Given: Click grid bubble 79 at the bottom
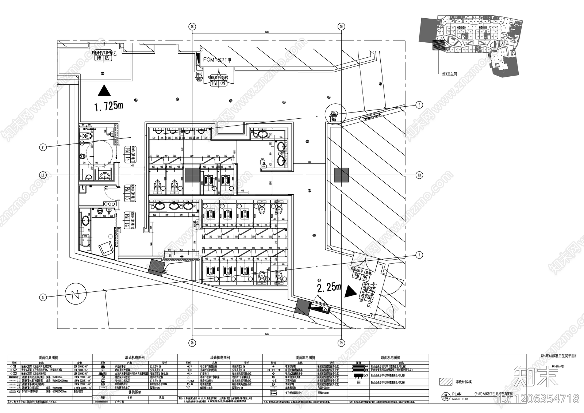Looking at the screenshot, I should coord(341,343).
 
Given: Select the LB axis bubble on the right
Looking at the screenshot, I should coord(419,175).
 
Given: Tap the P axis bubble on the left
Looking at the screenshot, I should coord(43,148).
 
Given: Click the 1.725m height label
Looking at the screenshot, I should coord(108,106).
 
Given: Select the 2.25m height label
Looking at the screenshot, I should coord(329,288).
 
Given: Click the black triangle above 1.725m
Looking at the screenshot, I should coord(104,90).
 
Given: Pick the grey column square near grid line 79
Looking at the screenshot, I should coord(341,175).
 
